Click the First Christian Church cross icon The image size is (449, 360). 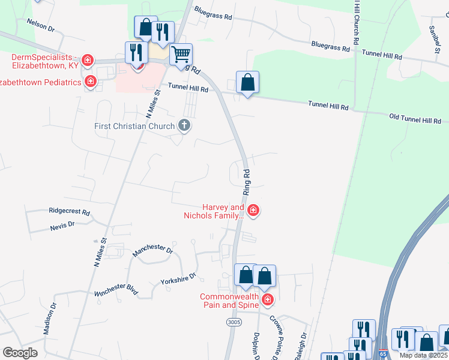[184, 126]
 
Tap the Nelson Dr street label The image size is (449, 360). [40, 25]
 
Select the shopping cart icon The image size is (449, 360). [181, 55]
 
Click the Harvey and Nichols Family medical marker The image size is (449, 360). [253, 210]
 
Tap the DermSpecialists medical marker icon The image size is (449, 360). [88, 59]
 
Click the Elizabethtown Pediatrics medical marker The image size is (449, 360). [91, 81]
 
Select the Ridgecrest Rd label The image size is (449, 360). [69, 212]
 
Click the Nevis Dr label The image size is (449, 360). [62, 224]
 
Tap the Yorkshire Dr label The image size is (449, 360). [178, 279]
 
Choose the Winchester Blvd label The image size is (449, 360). [116, 289]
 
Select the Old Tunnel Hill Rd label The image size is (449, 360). [415, 120]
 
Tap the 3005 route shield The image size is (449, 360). [234, 322]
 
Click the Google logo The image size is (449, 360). [20, 353]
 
